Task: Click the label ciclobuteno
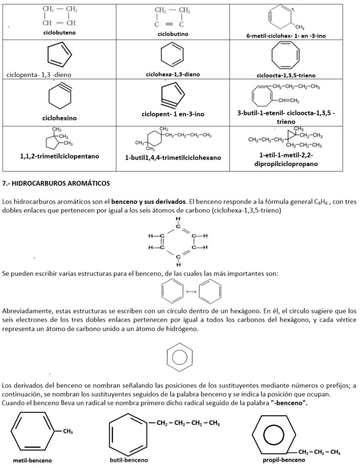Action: click(59, 33)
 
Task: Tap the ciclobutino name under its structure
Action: click(173, 34)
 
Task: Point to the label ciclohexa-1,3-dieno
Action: click(173, 74)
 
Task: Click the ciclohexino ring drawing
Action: click(60, 97)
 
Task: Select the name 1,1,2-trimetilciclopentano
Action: click(59, 156)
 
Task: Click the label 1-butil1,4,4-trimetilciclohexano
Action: click(173, 157)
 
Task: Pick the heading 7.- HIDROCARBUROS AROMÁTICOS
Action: click(56, 183)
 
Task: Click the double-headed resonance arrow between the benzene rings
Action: click(192, 291)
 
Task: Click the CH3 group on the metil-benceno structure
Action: click(68, 431)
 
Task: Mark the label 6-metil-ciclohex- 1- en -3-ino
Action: click(286, 36)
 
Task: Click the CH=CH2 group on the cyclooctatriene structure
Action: click(287, 101)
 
